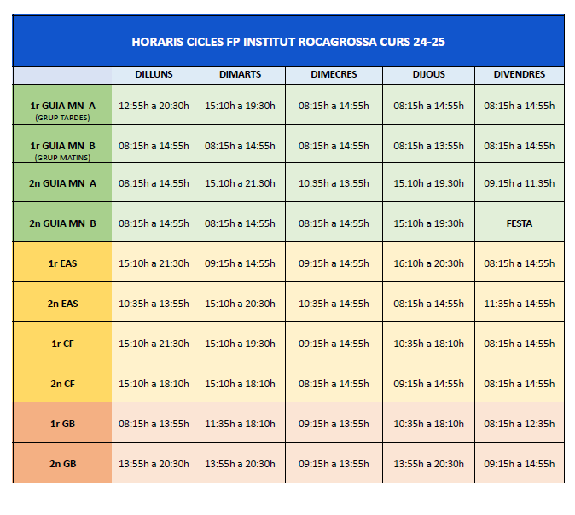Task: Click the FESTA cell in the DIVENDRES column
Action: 519,223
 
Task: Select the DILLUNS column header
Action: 154,75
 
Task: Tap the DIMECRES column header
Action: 334,75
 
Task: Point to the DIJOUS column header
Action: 428,75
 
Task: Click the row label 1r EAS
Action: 63,263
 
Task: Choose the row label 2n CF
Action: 63,384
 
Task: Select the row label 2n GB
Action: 63,464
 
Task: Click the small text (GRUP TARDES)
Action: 63,118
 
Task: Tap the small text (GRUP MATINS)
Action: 63,158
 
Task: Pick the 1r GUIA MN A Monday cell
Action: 154,107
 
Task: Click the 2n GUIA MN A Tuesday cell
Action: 240,183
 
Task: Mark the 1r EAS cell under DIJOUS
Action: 428,263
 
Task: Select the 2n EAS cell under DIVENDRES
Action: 519,304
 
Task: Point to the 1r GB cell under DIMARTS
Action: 240,424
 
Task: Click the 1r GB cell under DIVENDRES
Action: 519,424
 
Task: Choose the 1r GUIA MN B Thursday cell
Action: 428,146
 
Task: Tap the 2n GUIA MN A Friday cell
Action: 519,183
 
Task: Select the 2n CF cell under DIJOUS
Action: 428,384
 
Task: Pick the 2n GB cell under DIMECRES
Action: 334,464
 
